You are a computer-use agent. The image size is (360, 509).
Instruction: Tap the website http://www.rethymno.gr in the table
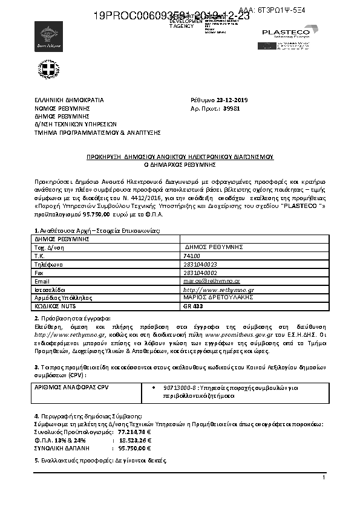(209, 290)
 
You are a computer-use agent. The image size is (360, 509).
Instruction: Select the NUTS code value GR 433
(191, 306)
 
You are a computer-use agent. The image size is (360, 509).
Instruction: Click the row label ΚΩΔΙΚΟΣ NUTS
(54, 306)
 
